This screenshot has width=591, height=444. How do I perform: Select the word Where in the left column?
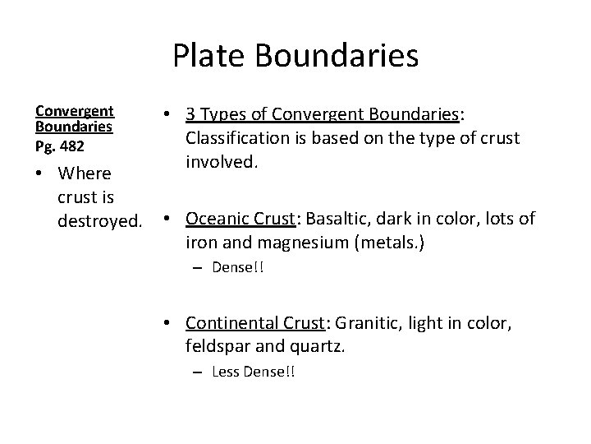pos(85,173)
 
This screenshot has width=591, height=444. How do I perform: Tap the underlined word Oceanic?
pos(215,219)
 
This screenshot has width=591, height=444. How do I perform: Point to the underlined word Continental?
pos(231,324)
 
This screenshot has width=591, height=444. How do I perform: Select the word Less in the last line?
pos(223,372)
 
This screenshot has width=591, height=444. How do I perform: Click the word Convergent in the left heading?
pos(74,110)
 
